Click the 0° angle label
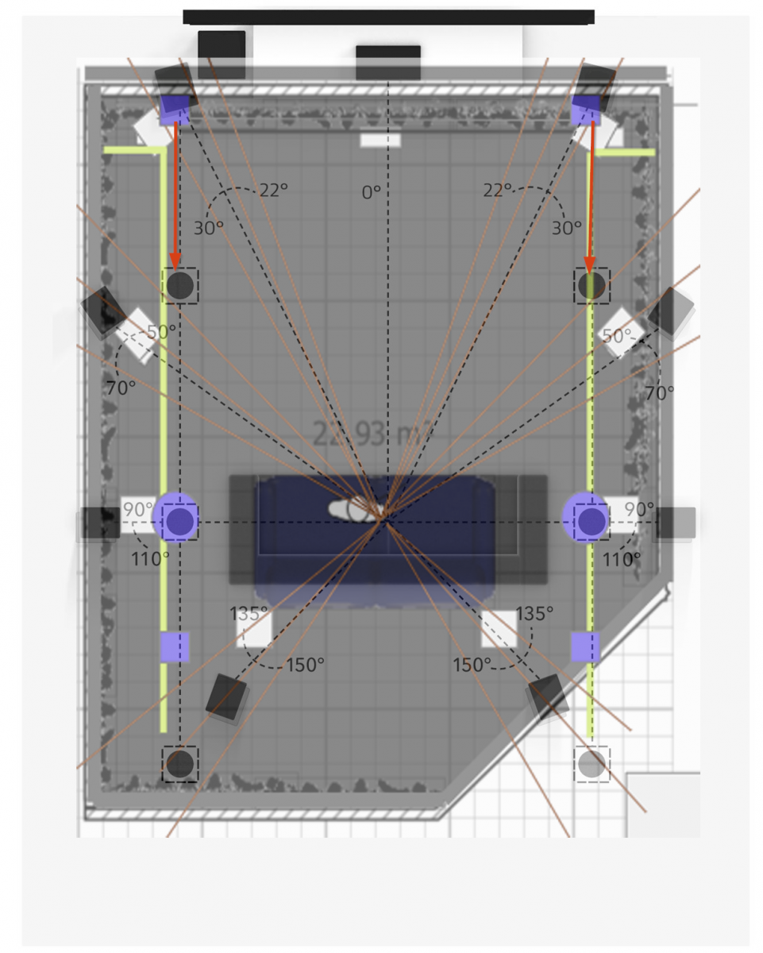coord(371,192)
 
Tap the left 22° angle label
coord(273,191)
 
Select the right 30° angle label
coord(567,228)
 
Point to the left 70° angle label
coord(121,388)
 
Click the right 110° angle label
coord(621,559)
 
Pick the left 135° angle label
coord(249,614)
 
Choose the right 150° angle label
coord(472,665)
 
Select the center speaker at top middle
coord(387,62)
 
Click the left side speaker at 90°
coord(100,523)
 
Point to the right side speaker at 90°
coord(674,523)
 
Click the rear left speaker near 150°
coord(227,697)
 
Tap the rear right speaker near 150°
coord(548,696)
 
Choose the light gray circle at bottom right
coord(592,765)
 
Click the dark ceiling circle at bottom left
coord(180,764)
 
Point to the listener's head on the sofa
coord(362,509)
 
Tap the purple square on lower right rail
coord(585,647)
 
